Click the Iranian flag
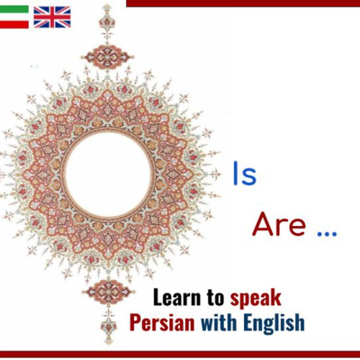(x=14, y=16)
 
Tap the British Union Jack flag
(x=51, y=16)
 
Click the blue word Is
(x=245, y=175)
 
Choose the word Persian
(x=163, y=321)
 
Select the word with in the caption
(x=219, y=321)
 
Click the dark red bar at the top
(x=243, y=3)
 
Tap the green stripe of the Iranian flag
(x=14, y=9)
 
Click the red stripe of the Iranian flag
(x=14, y=23)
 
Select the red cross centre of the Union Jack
(x=51, y=16)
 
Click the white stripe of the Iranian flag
(x=14, y=16)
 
